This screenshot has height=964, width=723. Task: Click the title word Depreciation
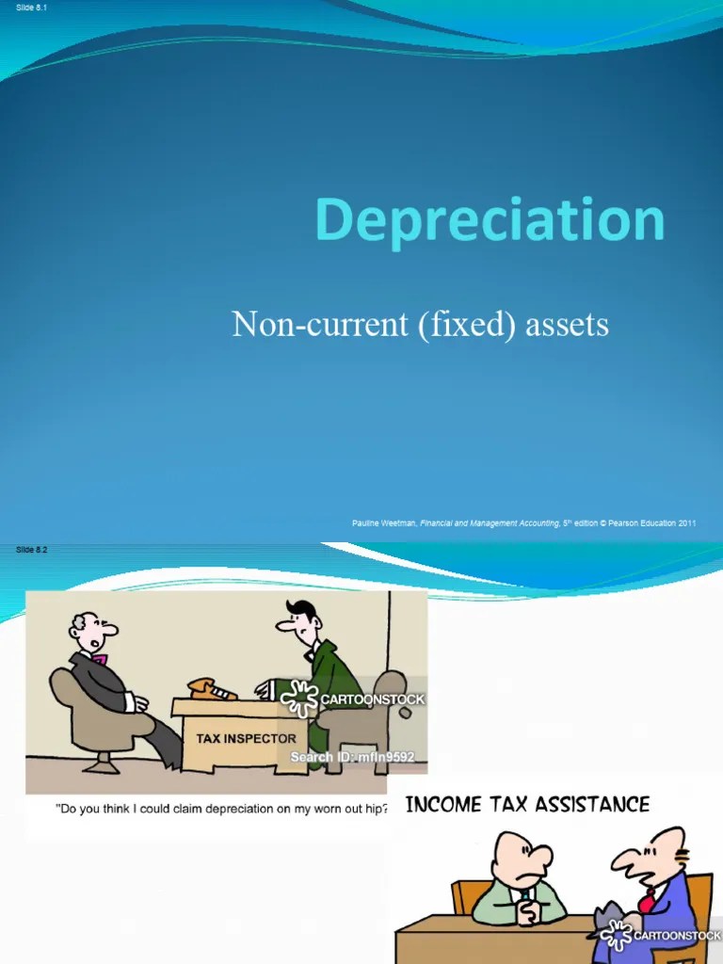click(x=490, y=219)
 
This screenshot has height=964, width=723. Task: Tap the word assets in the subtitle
click(x=567, y=325)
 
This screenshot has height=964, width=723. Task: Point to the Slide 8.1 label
click(x=31, y=8)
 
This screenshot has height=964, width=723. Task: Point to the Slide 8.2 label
click(x=31, y=550)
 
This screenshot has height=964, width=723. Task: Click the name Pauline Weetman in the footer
click(x=383, y=523)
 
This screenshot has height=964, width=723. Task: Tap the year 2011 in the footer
click(x=684, y=523)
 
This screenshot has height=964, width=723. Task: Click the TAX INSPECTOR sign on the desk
click(x=246, y=739)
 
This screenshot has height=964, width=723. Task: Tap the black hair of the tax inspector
click(x=302, y=607)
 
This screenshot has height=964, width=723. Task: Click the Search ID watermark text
click(x=352, y=757)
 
